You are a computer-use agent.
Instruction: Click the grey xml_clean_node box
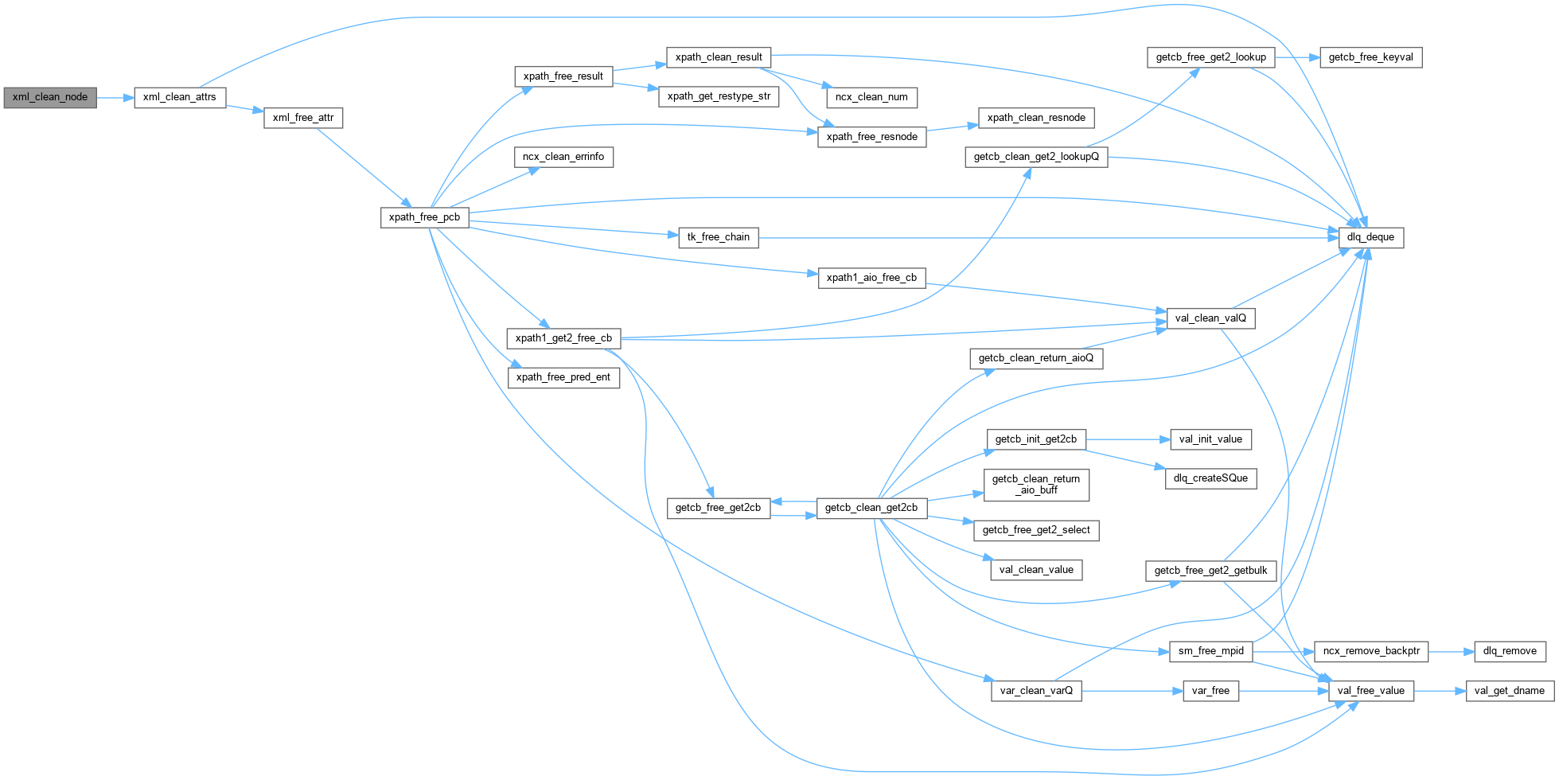[50, 97]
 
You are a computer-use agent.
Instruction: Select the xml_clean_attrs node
[179, 97]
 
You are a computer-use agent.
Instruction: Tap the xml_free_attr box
[303, 118]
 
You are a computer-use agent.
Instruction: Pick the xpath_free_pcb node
[424, 216]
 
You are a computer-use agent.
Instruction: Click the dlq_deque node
[1370, 237]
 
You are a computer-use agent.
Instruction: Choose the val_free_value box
[1370, 690]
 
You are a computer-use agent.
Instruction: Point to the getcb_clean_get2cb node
[871, 508]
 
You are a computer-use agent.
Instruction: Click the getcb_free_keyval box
[1370, 57]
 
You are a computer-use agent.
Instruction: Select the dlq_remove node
[1510, 651]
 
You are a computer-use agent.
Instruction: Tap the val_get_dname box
[1509, 690]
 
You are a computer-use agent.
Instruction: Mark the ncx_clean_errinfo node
[563, 157]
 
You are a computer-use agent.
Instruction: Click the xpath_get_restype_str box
[719, 96]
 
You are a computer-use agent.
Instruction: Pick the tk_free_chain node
[719, 237]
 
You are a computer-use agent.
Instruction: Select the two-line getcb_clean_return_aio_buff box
[1036, 484]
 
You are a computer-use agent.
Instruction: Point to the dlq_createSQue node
[1210, 478]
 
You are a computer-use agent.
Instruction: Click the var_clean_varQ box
[1036, 690]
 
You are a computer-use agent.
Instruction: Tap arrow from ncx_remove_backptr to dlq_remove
[1452, 651]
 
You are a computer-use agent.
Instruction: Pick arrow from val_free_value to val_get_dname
[1440, 690]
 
